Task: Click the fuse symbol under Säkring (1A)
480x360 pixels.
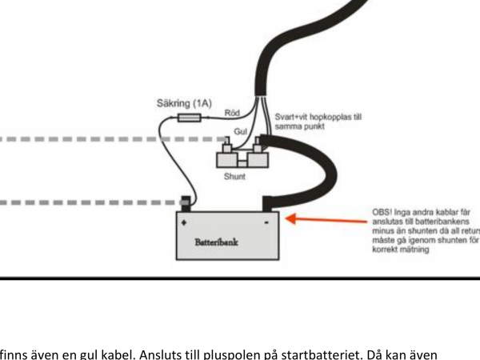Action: (x=189, y=117)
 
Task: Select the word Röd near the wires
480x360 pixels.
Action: (x=233, y=113)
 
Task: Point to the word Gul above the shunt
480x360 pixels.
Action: (x=240, y=130)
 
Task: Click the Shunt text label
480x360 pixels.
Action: (x=234, y=176)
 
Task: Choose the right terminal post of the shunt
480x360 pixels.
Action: (x=258, y=144)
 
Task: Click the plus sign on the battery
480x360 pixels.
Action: (x=185, y=222)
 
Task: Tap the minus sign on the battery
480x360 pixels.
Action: (x=266, y=222)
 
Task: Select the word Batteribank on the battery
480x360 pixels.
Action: (x=216, y=240)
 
